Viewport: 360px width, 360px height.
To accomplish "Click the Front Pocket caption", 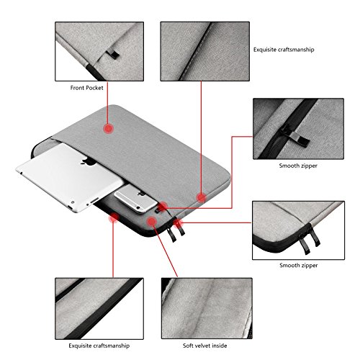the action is (86, 88).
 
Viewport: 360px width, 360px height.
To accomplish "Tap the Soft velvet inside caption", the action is (204, 346).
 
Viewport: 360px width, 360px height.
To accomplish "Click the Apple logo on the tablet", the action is (89, 161).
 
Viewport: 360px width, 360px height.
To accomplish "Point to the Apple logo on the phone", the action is (142, 194).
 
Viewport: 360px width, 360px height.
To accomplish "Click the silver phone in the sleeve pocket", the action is (136, 198).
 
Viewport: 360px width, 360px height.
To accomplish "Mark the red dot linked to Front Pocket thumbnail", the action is (109, 128).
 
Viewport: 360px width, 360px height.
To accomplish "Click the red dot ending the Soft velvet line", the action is (152, 221).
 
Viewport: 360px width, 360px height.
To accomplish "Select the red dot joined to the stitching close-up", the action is (201, 198).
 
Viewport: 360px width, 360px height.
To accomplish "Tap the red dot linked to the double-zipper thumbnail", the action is (178, 223).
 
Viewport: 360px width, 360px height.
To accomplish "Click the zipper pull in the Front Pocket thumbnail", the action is (113, 54).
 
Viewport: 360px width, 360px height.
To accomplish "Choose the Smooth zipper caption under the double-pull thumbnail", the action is (299, 265).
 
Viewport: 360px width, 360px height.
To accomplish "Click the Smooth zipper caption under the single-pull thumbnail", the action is (298, 166).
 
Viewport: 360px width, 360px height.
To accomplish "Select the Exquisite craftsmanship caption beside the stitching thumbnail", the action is (284, 50).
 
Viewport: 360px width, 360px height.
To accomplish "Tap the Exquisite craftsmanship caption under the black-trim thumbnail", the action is (99, 346).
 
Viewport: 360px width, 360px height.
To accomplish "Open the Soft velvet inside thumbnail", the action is (207, 308).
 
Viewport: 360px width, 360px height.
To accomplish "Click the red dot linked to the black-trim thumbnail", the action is (114, 218).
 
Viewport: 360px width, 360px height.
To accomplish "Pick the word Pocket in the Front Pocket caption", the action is (94, 88).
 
